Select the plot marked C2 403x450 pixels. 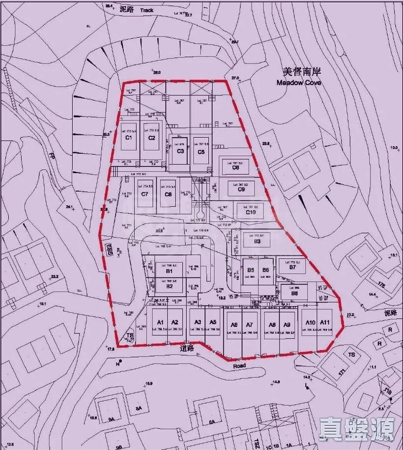pyautogui.click(x=152, y=138)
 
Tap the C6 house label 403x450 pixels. pyautogui.click(x=236, y=168)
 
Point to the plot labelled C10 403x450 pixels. pyautogui.click(x=251, y=212)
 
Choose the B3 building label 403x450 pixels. pyautogui.click(x=257, y=241)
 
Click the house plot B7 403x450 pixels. pyautogui.click(x=292, y=268)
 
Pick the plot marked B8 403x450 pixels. pyautogui.click(x=294, y=293)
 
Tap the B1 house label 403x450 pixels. pyautogui.click(x=170, y=271)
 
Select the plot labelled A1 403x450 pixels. pyautogui.click(x=160, y=323)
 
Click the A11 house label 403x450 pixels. pyautogui.click(x=324, y=323)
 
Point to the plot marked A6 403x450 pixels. pyautogui.click(x=234, y=325)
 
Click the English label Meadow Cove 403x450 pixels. pyautogui.click(x=298, y=83)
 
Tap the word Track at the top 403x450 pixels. pyautogui.click(x=146, y=10)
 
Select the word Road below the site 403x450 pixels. pyautogui.click(x=239, y=366)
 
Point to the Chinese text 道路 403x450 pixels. pyautogui.click(x=187, y=347)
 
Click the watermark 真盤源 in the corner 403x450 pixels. pyautogui.click(x=356, y=429)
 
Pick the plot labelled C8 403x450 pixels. pyautogui.click(x=169, y=194)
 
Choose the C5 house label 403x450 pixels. pyautogui.click(x=201, y=151)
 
